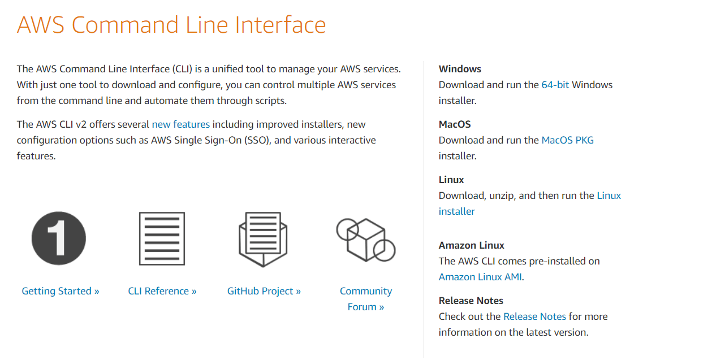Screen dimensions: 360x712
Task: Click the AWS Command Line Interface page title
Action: click(x=171, y=25)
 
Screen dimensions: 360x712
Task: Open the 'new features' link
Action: click(x=180, y=124)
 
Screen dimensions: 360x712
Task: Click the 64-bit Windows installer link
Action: click(x=555, y=85)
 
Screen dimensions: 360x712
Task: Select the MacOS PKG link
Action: click(x=567, y=140)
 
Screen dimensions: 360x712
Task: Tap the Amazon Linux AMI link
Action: click(x=480, y=277)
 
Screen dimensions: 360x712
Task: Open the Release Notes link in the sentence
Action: click(x=534, y=316)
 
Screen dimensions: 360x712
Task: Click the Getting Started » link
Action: click(x=61, y=291)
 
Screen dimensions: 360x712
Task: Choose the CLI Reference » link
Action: click(x=162, y=291)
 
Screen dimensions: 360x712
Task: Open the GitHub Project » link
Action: click(x=264, y=291)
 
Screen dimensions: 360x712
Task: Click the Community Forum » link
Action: click(x=366, y=299)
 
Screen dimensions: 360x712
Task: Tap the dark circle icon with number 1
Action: click(x=59, y=238)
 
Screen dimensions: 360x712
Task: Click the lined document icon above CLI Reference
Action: click(x=162, y=238)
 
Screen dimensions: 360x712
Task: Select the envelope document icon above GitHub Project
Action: click(x=264, y=240)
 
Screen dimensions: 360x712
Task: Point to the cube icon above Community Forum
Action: click(x=366, y=240)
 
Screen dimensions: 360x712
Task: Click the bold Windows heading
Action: click(x=460, y=69)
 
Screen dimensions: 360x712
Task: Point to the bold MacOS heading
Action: click(x=455, y=124)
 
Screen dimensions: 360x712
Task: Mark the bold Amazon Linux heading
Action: click(x=471, y=245)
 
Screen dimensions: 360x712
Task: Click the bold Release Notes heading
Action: click(x=471, y=301)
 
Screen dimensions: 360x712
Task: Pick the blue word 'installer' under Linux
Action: click(x=456, y=211)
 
